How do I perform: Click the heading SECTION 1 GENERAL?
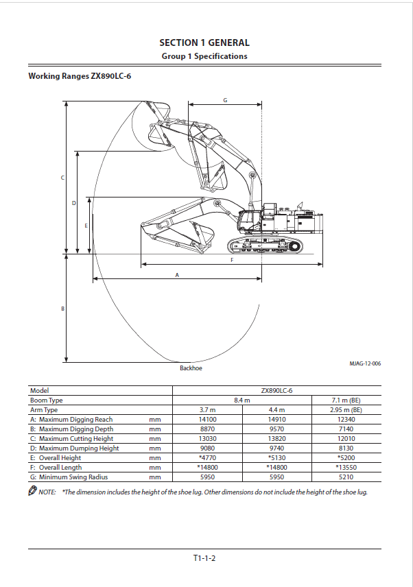[204, 43]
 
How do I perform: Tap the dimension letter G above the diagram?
[225, 100]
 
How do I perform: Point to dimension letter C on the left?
[62, 178]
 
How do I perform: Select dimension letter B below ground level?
[62, 309]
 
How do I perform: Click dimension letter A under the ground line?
[177, 275]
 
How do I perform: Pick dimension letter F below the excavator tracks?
[232, 260]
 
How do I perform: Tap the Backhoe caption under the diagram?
[191, 368]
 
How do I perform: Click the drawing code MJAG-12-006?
[365, 363]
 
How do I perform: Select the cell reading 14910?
[276, 420]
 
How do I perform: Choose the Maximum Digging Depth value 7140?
[346, 429]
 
